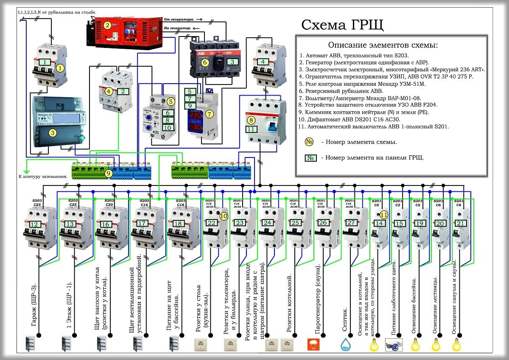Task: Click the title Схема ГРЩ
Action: click(x=342, y=25)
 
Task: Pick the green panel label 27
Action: click(x=351, y=222)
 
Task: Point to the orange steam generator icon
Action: click(x=313, y=344)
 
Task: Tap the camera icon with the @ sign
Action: click(x=394, y=345)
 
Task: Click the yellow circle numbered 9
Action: click(x=109, y=173)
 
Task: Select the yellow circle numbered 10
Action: click(x=224, y=216)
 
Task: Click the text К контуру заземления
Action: click(x=43, y=176)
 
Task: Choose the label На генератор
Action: click(x=177, y=28)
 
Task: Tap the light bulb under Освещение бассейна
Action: click(x=415, y=344)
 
